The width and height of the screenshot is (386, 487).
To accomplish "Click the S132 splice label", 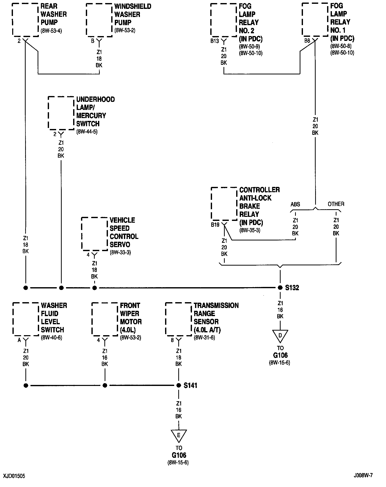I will (x=292, y=288).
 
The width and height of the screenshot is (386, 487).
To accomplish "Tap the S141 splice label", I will (x=190, y=385).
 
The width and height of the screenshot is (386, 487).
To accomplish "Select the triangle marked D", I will (x=280, y=336).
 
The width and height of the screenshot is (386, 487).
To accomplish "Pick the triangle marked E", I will (x=179, y=435).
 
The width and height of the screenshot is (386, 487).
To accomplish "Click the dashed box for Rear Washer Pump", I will (x=25, y=20).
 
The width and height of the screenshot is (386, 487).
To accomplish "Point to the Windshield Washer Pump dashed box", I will (x=99, y=20).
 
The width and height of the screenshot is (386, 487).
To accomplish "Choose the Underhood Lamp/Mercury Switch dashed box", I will (x=61, y=113).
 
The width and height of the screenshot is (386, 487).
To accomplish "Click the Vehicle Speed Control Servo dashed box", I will (x=94, y=234).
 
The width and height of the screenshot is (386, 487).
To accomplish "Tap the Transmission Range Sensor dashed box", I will (x=179, y=319).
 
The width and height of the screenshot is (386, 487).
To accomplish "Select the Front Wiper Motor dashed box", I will (x=105, y=319).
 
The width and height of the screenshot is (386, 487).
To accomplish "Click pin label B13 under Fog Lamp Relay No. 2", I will (x=215, y=41).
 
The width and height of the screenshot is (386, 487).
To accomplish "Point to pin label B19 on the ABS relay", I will (x=215, y=225).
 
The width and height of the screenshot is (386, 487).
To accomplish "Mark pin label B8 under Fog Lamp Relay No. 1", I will (x=307, y=41).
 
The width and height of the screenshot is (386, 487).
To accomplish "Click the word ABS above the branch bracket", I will (x=295, y=204).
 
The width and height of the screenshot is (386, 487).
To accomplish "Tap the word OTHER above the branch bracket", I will (x=336, y=204).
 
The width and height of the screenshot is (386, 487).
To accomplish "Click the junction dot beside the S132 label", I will (x=280, y=288).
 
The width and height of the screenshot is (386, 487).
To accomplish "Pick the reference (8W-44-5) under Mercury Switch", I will (x=87, y=132).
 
